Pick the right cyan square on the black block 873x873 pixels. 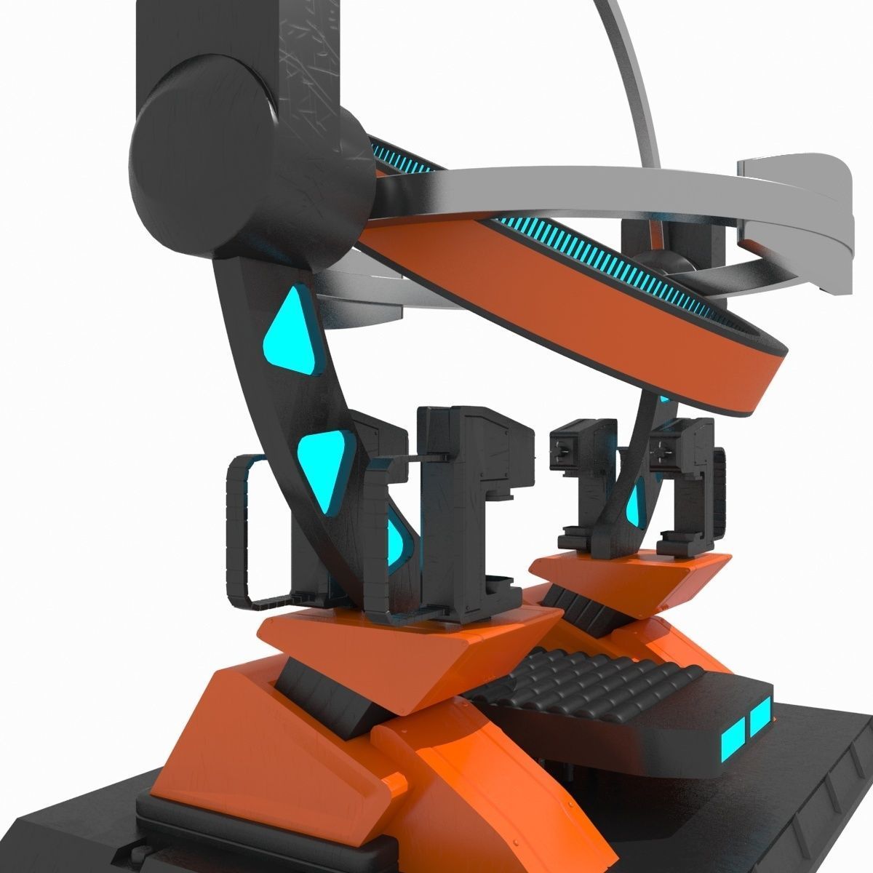click(760, 717)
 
